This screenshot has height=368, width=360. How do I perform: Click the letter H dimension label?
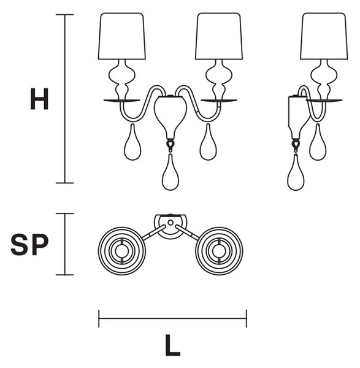click(39, 99)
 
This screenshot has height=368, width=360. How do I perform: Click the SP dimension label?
click(29, 245)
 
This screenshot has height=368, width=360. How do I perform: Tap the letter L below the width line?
click(172, 345)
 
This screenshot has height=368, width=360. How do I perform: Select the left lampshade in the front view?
click(122, 36)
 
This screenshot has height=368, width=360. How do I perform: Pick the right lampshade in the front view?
click(219, 36)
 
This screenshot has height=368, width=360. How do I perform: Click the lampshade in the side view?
click(324, 36)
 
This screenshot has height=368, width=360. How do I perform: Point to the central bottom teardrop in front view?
click(170, 172)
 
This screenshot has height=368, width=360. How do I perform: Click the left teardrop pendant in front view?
click(133, 142)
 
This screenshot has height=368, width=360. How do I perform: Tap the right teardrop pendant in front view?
click(208, 142)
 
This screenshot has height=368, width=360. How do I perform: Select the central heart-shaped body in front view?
click(170, 117)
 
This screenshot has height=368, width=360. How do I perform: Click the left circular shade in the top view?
click(122, 251)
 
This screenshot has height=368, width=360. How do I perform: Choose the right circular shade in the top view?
click(219, 251)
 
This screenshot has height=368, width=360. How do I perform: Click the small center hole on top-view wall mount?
click(170, 223)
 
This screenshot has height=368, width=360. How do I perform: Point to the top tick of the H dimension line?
click(65, 15)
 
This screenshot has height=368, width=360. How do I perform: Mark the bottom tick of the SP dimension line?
click(65, 275)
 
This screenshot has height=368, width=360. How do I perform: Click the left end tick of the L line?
click(99, 318)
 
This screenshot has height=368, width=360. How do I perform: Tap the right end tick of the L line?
click(247, 318)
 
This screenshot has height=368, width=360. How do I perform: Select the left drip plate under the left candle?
click(122, 101)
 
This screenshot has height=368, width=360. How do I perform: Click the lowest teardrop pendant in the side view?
click(296, 172)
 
